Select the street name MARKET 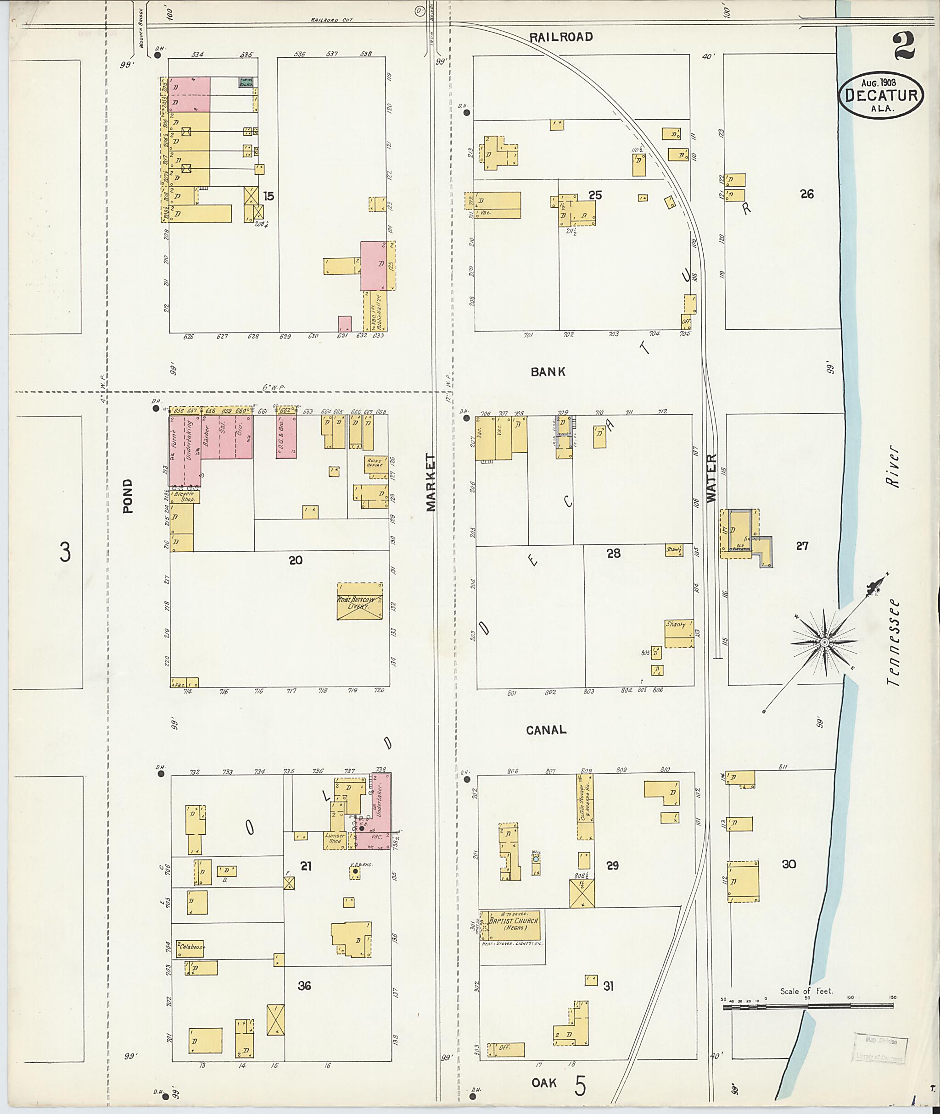(431, 482)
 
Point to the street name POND (127, 496)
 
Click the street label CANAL (546, 730)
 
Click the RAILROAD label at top (561, 37)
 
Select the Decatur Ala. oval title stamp (881, 96)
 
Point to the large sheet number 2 (904, 46)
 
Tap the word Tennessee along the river (894, 643)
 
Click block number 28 (613, 553)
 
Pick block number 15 (269, 196)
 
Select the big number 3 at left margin (65, 552)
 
